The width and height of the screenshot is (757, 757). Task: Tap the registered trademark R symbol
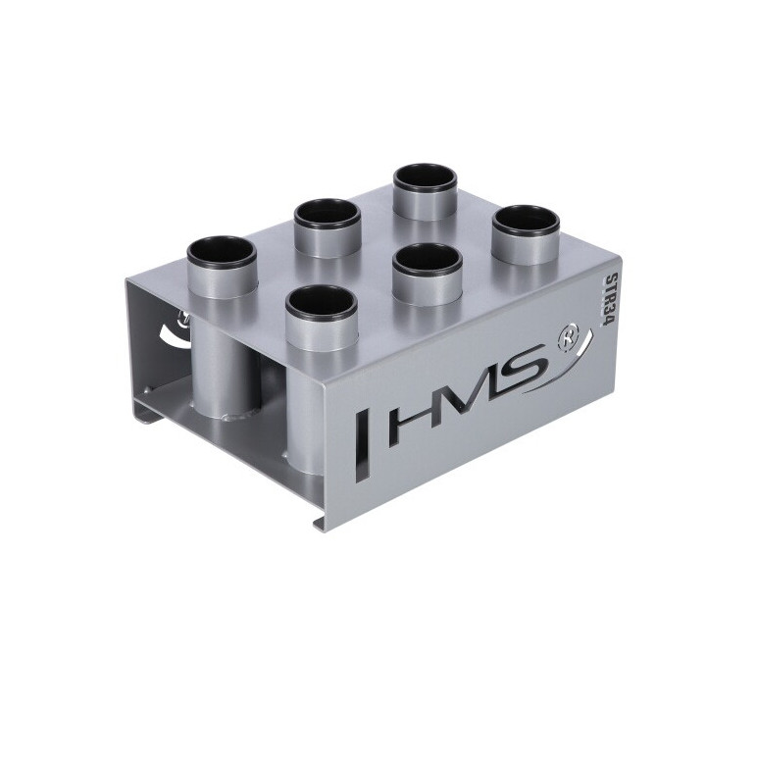[566, 339]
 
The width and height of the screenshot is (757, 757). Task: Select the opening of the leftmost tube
[222, 252]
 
